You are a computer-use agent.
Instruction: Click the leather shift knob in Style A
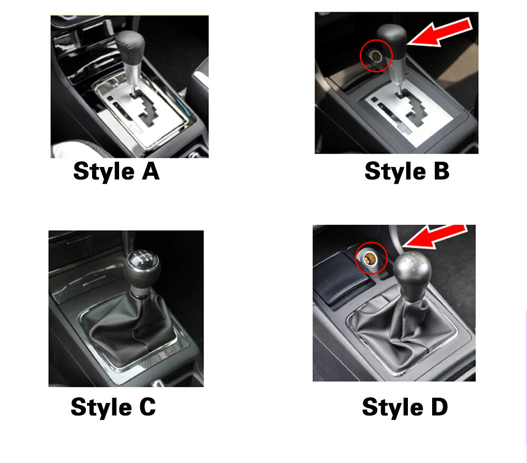pos(130,45)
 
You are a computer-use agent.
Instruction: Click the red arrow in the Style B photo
pos(440,32)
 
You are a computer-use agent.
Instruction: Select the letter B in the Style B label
pos(441,171)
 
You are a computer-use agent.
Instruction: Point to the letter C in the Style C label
pos(147,407)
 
